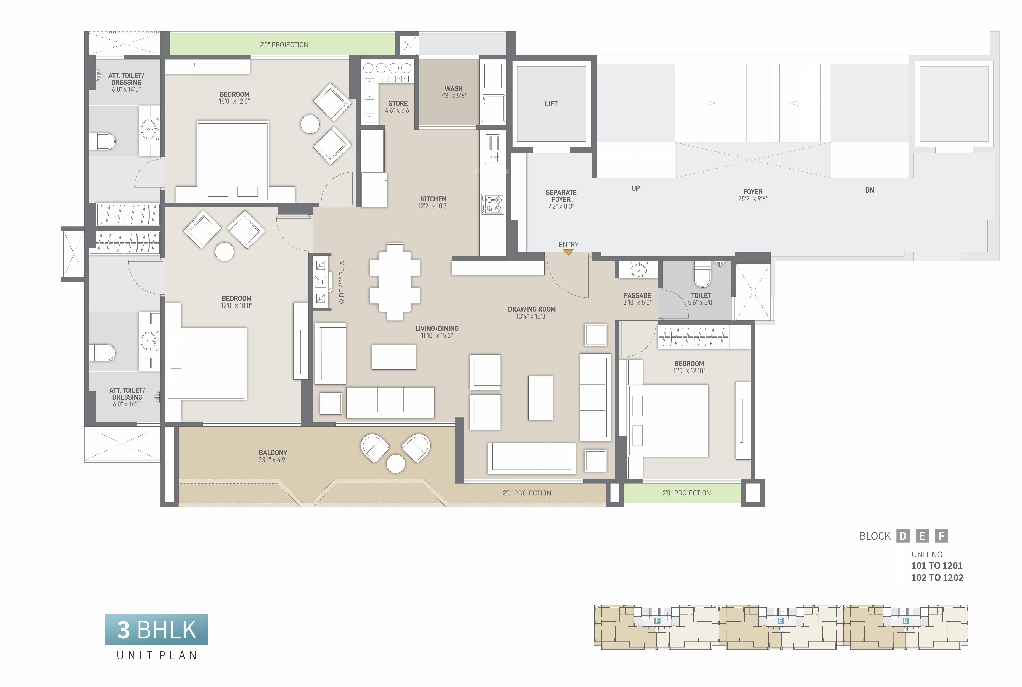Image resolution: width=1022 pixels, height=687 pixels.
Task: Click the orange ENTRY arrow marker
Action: point(568,252)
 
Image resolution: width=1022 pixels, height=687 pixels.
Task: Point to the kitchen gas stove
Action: point(493,204)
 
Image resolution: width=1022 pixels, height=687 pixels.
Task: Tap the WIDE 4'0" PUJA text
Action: point(342,283)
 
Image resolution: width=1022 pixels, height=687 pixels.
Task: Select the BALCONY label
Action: point(273,453)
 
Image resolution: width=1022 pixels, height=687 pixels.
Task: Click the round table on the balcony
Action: point(396,464)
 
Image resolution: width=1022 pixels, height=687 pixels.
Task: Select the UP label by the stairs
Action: point(635,188)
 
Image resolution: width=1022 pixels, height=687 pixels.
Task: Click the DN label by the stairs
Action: point(870,190)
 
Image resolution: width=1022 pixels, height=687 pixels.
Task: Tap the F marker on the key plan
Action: point(657,620)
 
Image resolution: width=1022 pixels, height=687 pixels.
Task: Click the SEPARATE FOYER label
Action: point(561,196)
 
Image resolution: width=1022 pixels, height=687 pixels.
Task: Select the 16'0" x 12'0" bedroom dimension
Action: point(234,101)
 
